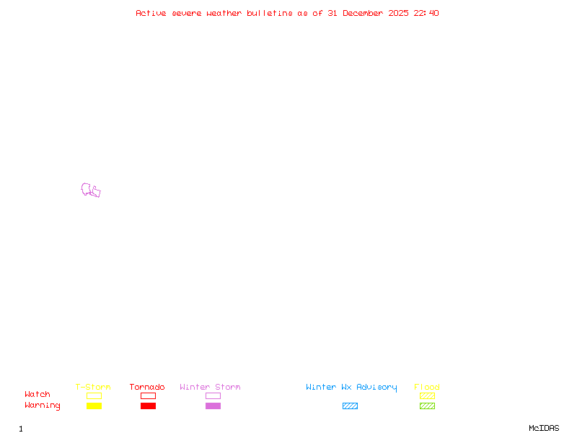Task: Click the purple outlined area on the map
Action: pyautogui.click(x=90, y=191)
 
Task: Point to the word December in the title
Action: pyautogui.click(x=365, y=13)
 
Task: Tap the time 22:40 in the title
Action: pyautogui.click(x=426, y=13)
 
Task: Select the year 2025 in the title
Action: pyautogui.click(x=399, y=13)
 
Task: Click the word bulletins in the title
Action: pyautogui.click(x=270, y=13)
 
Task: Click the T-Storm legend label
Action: pyautogui.click(x=93, y=388)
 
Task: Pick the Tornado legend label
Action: pyautogui.click(x=147, y=388)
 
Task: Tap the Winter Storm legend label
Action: pyautogui.click(x=210, y=388)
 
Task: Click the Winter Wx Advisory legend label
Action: pyautogui.click(x=351, y=388)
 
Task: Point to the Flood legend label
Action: pyautogui.click(x=427, y=388)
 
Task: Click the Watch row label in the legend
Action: pyautogui.click(x=38, y=395)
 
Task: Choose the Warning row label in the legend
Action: pyautogui.click(x=42, y=406)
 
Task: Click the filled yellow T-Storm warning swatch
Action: pyautogui.click(x=94, y=406)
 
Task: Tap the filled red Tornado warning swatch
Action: pyautogui.click(x=148, y=406)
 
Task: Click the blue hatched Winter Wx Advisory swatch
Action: pyautogui.click(x=350, y=406)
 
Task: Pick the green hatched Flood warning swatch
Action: pyautogui.click(x=427, y=406)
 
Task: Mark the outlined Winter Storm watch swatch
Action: pyautogui.click(x=213, y=396)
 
